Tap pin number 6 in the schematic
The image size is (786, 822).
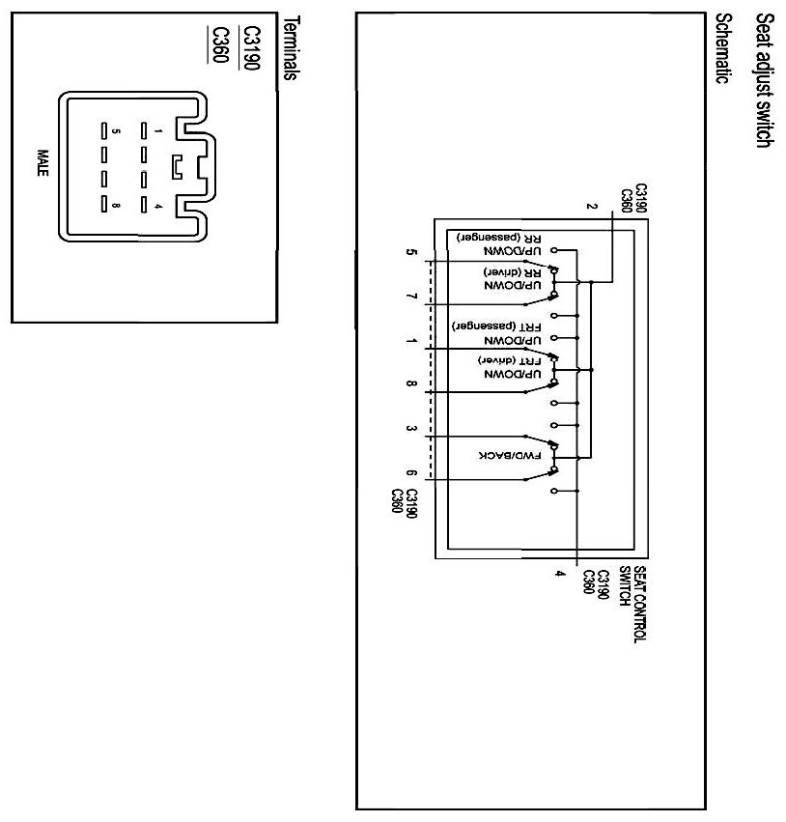(413, 473)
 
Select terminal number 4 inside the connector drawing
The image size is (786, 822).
(157, 205)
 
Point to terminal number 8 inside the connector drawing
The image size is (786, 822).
(116, 205)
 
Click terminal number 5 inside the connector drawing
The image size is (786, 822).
(116, 128)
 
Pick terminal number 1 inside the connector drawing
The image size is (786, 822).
(157, 128)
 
